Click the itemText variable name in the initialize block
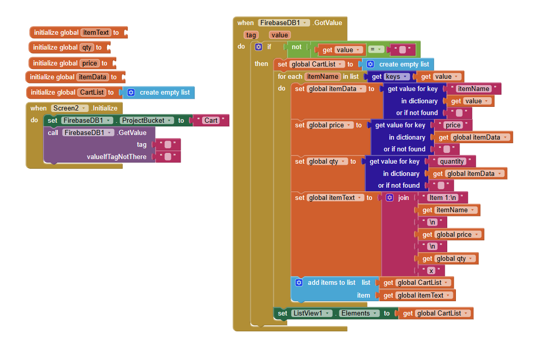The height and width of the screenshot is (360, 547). coord(96,32)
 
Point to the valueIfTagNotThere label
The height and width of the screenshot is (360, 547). coord(117,156)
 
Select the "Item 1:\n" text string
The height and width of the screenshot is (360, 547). coord(443,197)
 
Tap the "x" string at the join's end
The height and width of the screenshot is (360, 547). coord(431,271)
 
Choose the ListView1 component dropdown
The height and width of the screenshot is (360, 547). coord(311,313)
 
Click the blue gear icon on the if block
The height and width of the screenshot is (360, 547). coord(258,47)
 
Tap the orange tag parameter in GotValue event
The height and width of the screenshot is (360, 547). coord(251,35)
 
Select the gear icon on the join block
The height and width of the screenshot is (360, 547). coord(389,197)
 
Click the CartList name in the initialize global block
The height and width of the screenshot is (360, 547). coord(92,93)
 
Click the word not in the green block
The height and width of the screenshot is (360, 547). coord(297,47)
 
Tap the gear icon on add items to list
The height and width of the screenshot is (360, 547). coord(299,282)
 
